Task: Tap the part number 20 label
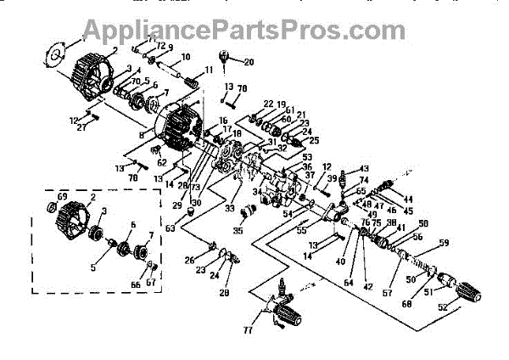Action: click(249, 62)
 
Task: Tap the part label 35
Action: click(238, 229)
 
